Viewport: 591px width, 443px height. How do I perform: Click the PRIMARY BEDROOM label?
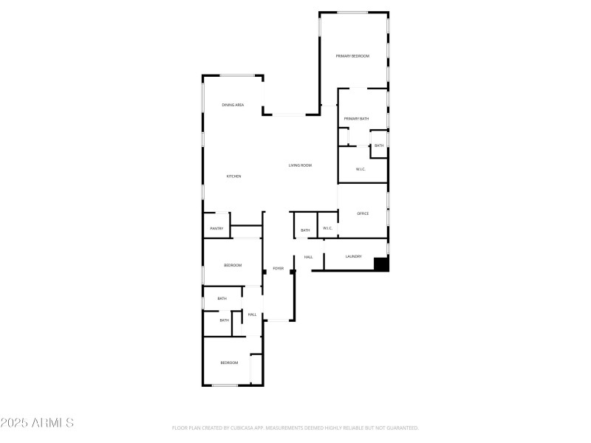(x=352, y=56)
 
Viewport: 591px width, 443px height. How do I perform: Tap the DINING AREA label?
(x=233, y=106)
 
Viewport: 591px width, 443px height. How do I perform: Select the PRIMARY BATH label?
(x=356, y=119)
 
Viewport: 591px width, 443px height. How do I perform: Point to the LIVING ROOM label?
(x=300, y=165)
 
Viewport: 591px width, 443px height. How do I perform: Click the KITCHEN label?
(x=233, y=176)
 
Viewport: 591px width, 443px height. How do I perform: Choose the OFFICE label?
(x=363, y=214)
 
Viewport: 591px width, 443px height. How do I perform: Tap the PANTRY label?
(x=216, y=229)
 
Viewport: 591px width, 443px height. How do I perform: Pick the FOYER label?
(x=279, y=269)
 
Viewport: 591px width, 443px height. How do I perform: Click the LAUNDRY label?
(x=354, y=257)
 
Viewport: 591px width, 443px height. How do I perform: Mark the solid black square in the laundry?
(x=381, y=264)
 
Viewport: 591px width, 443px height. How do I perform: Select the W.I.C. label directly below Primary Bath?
(x=361, y=170)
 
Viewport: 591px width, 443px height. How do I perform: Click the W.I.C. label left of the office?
(x=328, y=229)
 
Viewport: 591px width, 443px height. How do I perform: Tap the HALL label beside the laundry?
(x=308, y=257)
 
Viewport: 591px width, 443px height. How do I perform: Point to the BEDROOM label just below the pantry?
(x=233, y=265)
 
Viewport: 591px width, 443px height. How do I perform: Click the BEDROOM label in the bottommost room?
(x=229, y=363)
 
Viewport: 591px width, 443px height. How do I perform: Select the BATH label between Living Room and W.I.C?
(x=305, y=231)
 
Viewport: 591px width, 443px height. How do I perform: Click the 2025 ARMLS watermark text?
(x=37, y=423)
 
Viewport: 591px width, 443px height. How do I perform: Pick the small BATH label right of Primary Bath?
(x=378, y=145)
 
